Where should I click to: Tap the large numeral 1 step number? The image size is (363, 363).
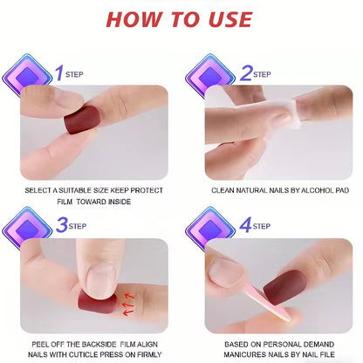click(59, 73)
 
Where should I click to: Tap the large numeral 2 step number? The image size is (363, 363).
click(246, 73)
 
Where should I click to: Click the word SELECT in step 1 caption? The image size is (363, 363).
click(38, 190)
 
